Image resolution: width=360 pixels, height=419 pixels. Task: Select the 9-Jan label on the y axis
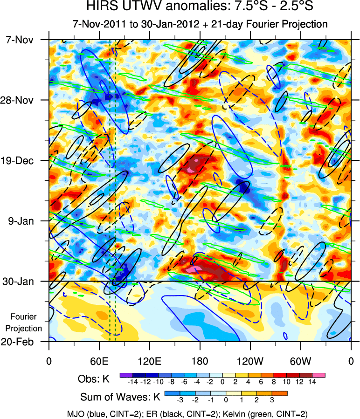27,221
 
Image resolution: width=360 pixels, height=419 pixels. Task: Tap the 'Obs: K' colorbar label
94,379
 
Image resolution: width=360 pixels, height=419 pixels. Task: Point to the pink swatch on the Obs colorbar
319,375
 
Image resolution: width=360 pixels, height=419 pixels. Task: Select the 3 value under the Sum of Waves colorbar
271,399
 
